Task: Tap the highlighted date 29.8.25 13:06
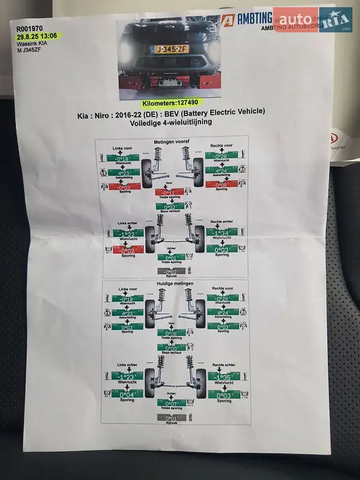(x=38, y=36)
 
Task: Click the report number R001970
(x=30, y=28)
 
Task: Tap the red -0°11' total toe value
(x=170, y=192)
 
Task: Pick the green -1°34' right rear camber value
(x=221, y=233)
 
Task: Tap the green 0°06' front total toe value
(x=171, y=333)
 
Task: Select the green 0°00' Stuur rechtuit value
(x=171, y=347)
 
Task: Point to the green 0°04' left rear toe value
(x=127, y=394)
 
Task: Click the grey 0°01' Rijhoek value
(x=172, y=418)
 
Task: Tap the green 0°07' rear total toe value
(x=172, y=403)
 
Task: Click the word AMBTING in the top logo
(x=252, y=19)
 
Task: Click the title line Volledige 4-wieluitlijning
(x=171, y=122)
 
